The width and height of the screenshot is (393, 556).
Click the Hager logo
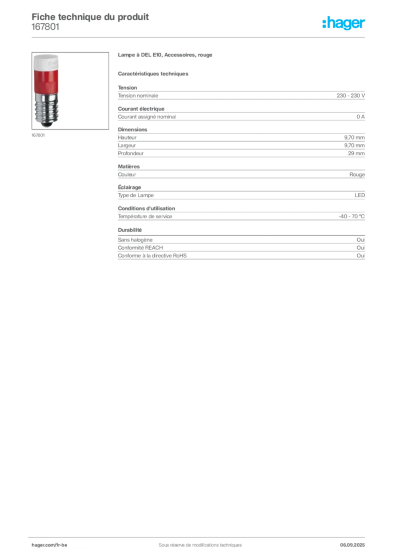(344, 23)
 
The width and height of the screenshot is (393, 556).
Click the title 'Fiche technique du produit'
(90, 17)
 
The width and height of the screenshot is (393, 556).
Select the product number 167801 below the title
(46, 27)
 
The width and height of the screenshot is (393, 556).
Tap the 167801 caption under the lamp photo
(39, 135)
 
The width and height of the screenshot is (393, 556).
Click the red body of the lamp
(46, 81)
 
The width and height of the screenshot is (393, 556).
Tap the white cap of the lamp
(46, 62)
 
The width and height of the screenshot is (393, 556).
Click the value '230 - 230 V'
(351, 96)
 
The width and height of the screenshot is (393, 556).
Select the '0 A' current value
(360, 117)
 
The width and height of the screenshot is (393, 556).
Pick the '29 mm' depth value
(356, 154)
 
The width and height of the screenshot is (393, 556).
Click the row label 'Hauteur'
(127, 137)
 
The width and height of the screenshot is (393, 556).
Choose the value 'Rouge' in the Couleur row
(357, 174)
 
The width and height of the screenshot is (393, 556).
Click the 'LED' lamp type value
(360, 195)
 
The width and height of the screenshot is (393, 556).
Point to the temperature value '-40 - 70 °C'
(352, 216)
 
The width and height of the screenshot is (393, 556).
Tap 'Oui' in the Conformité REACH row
(361, 248)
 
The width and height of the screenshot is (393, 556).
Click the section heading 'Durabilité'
(130, 230)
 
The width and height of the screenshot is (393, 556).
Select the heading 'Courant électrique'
(141, 109)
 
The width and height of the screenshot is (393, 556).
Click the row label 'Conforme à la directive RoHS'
(152, 256)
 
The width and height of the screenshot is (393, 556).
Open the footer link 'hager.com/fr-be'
(49, 545)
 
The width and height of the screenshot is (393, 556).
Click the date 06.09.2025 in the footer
(352, 545)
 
